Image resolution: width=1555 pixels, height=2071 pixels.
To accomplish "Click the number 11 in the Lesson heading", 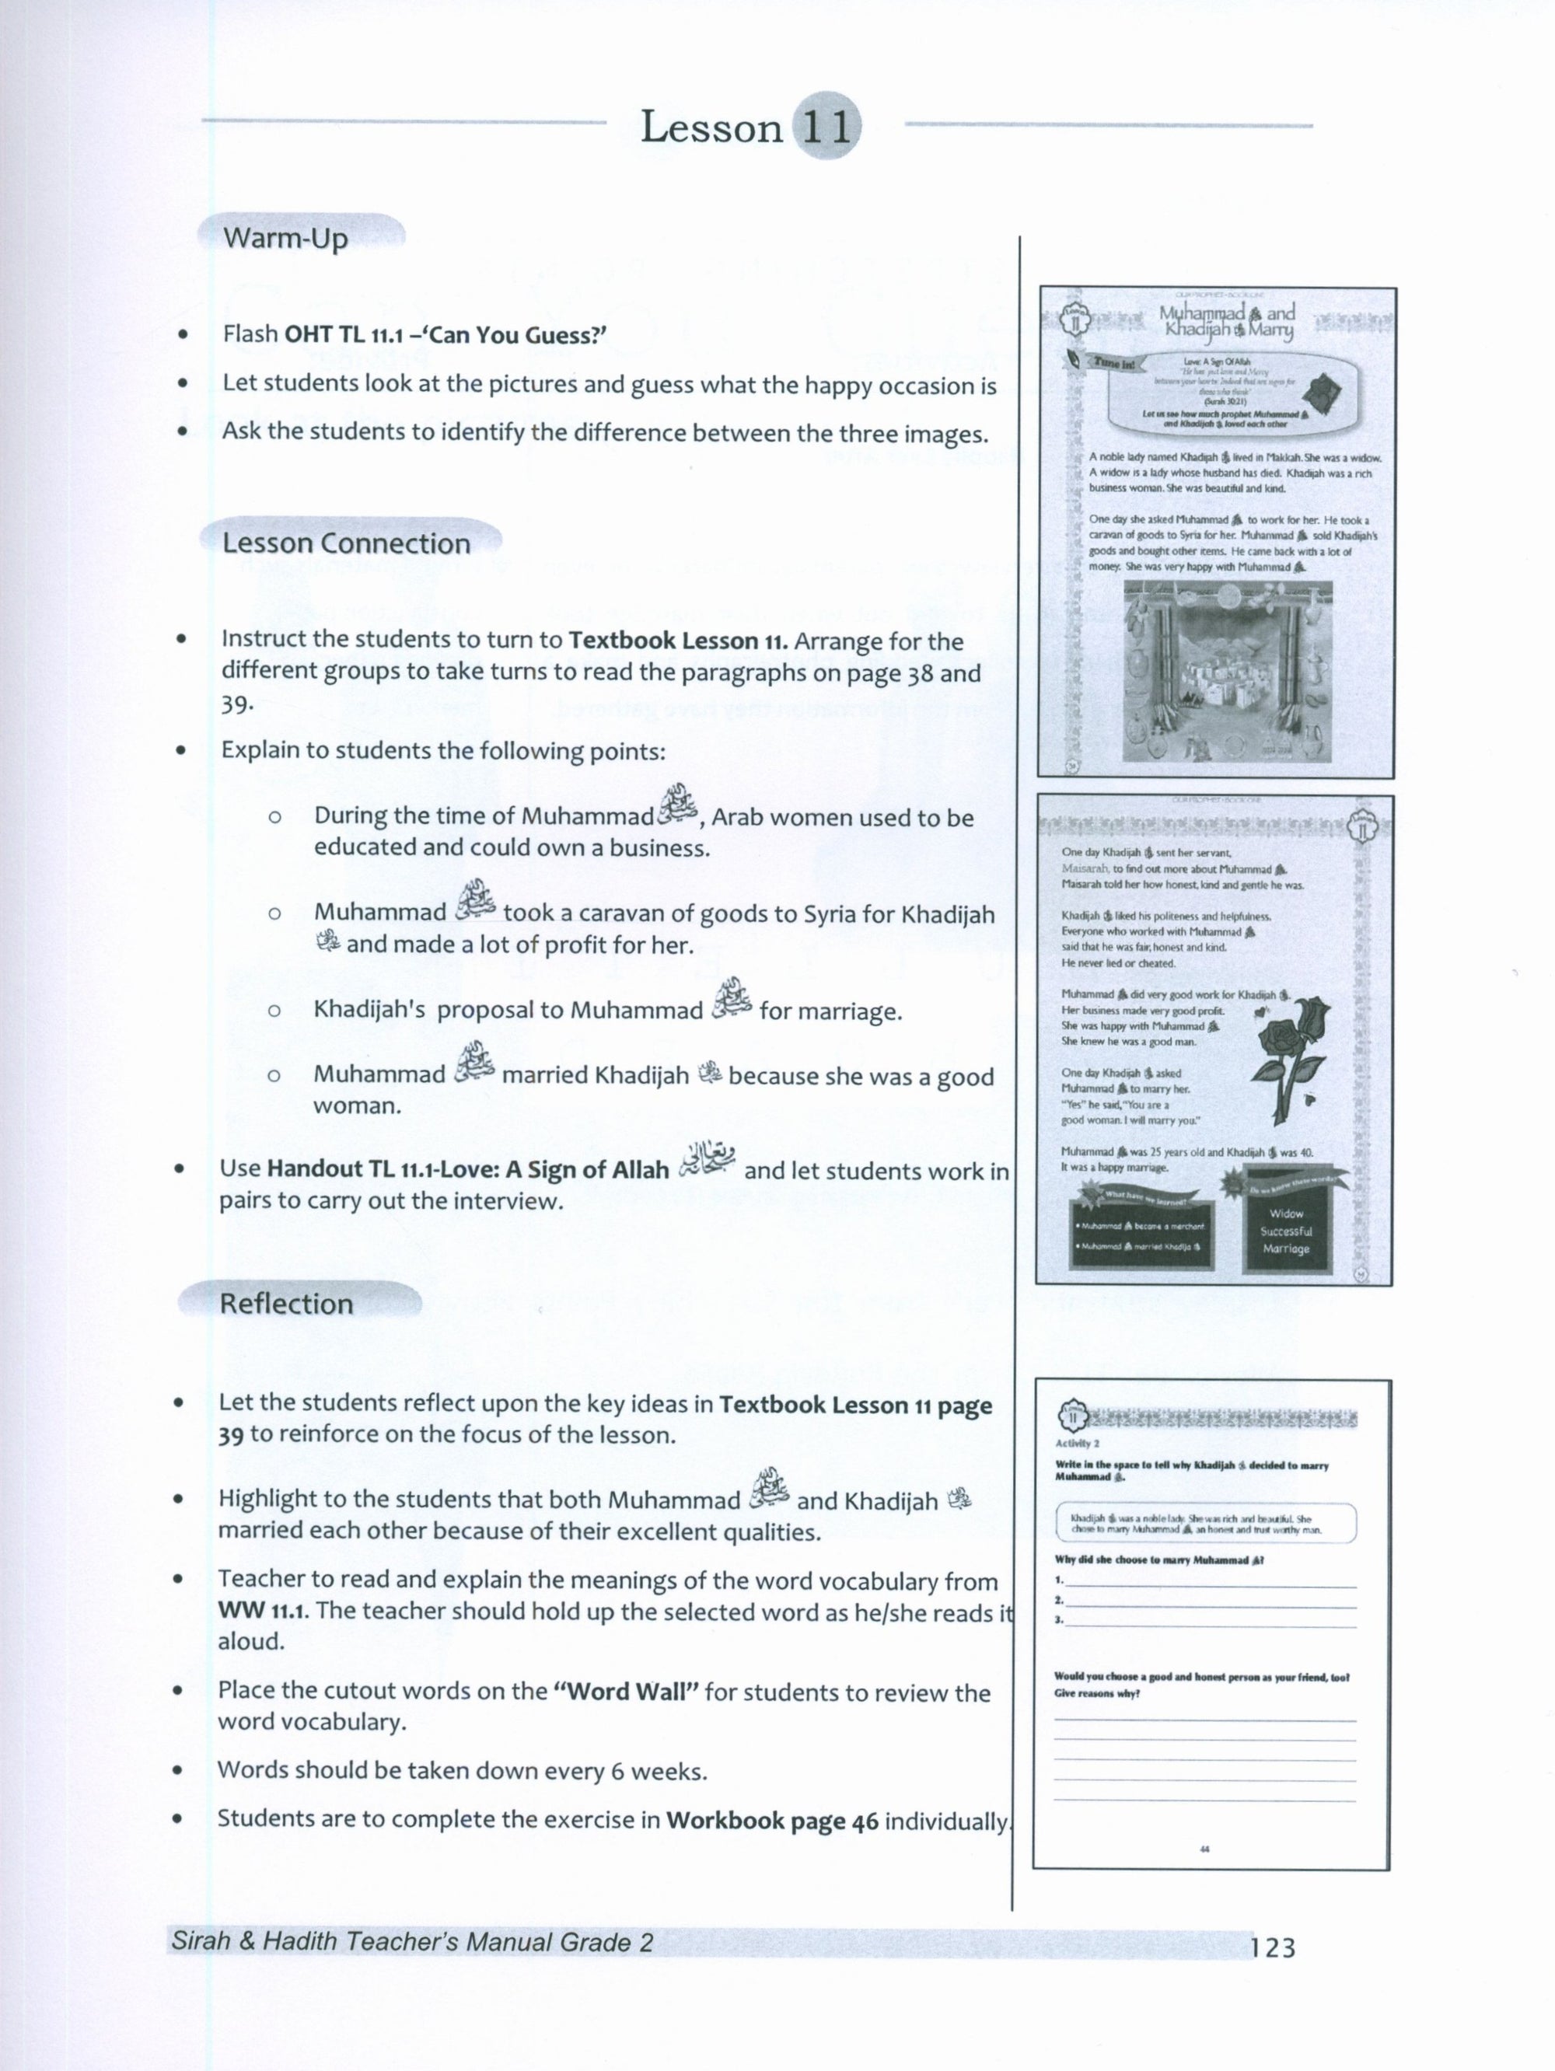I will pyautogui.click(x=826, y=127).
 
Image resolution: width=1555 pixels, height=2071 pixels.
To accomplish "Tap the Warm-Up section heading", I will pyautogui.click(x=285, y=238).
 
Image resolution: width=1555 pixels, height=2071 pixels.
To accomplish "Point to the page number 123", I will pyautogui.click(x=1272, y=1948).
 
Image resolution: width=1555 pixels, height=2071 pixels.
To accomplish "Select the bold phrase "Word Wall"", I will pyautogui.click(x=627, y=1692).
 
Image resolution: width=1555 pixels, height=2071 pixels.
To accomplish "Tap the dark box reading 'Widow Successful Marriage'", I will pyautogui.click(x=1285, y=1231).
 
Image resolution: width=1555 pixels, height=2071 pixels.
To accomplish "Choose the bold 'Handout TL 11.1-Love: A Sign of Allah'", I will pyautogui.click(x=468, y=1169).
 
